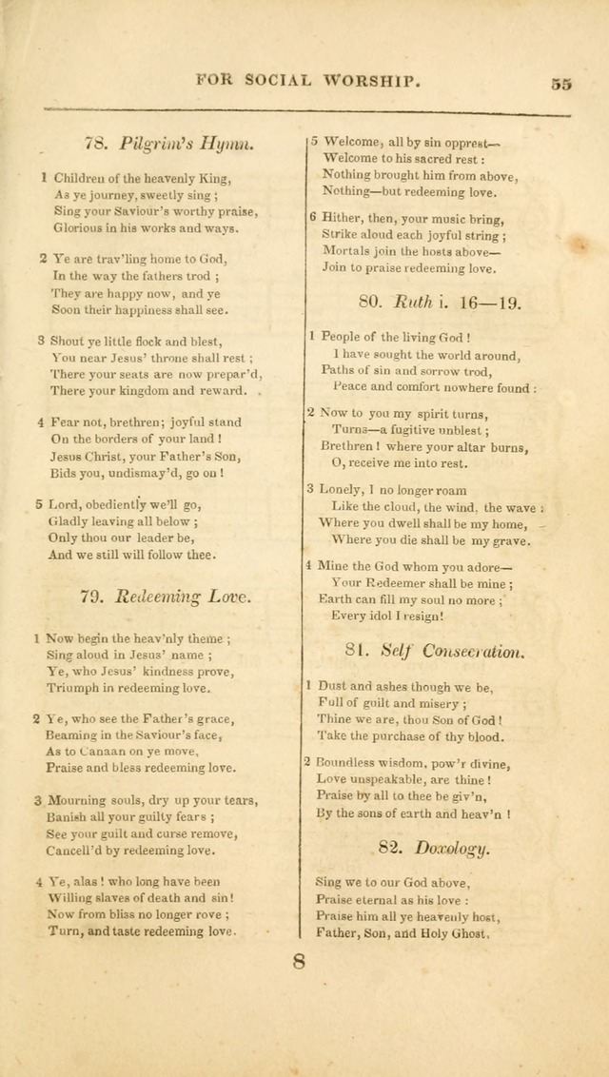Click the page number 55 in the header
coord(560,83)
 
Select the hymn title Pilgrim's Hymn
coord(187,144)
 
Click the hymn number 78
coord(95,144)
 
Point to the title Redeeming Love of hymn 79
coord(184,597)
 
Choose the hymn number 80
coord(369,303)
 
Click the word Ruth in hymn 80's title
coord(413,303)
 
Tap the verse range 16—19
coord(487,303)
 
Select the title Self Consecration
coord(451,652)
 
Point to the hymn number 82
coord(392,849)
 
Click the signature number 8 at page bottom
coord(299,962)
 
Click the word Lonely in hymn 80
coord(338,489)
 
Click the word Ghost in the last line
coord(464,934)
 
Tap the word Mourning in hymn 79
coord(77,800)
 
